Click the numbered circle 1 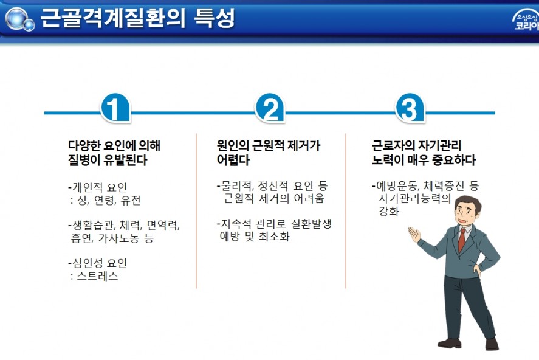[x=115, y=108]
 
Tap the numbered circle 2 [x=270, y=108]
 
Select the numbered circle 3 [x=410, y=108]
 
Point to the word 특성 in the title [x=214, y=18]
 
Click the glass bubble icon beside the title [x=19, y=19]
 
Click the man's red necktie [x=462, y=240]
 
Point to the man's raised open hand [x=414, y=235]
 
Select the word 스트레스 [x=98, y=276]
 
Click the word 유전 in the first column [x=131, y=200]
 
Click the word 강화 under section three [x=388, y=211]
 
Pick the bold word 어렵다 [x=233, y=160]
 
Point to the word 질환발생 [x=311, y=224]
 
